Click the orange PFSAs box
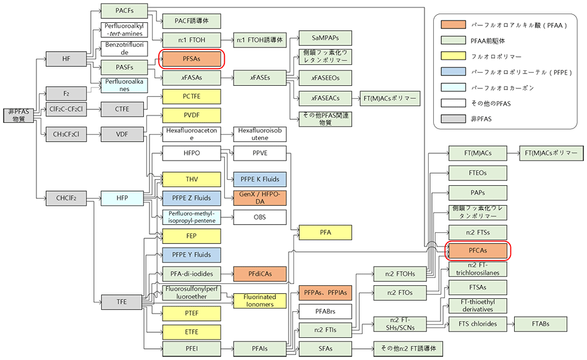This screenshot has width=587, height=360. (x=191, y=59)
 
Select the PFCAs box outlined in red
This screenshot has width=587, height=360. (x=477, y=251)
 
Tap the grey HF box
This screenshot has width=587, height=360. (x=67, y=59)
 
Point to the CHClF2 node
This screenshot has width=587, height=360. (x=67, y=198)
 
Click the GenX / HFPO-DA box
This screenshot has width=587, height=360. (x=260, y=198)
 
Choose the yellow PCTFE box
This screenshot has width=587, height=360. (x=191, y=97)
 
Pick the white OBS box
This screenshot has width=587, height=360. (x=260, y=217)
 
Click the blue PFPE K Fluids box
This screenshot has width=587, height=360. (x=260, y=180)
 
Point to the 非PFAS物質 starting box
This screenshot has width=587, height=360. (x=19, y=115)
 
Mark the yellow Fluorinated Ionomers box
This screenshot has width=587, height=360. (x=260, y=300)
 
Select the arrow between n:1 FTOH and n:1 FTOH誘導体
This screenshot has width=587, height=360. (x=227, y=40)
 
